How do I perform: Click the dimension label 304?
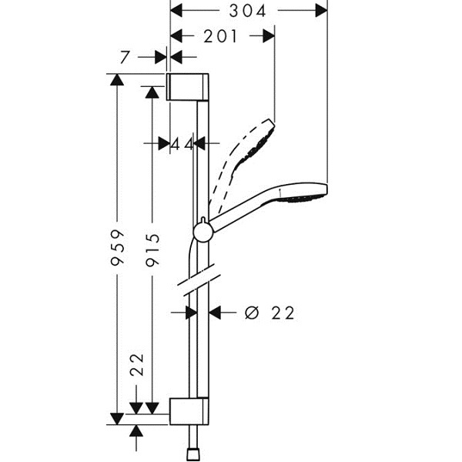248,11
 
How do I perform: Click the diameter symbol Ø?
251,313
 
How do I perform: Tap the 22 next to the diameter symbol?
283,313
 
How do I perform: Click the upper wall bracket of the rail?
188,87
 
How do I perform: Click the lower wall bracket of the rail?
189,411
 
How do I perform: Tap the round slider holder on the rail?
203,231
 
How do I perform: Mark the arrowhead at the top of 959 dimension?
117,79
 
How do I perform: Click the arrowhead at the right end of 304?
320,11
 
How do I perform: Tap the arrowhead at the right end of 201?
268,35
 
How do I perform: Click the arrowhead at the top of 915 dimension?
152,92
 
